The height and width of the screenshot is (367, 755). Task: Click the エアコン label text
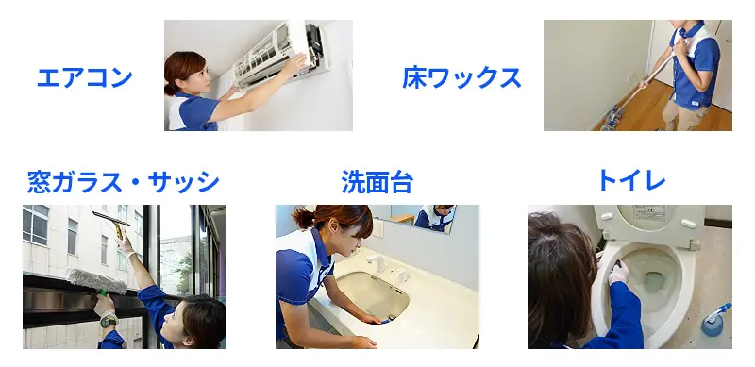pyautogui.click(x=84, y=77)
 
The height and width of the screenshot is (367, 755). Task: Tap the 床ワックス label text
pyautogui.click(x=461, y=77)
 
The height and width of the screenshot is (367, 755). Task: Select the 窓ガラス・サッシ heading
pyautogui.click(x=123, y=181)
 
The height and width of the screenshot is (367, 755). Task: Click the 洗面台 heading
pyautogui.click(x=377, y=181)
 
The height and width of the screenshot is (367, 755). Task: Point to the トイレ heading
pyautogui.click(x=630, y=181)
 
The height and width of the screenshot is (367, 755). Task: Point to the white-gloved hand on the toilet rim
pyautogui.click(x=619, y=273)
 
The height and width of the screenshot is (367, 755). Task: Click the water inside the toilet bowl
pyautogui.click(x=654, y=280)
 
